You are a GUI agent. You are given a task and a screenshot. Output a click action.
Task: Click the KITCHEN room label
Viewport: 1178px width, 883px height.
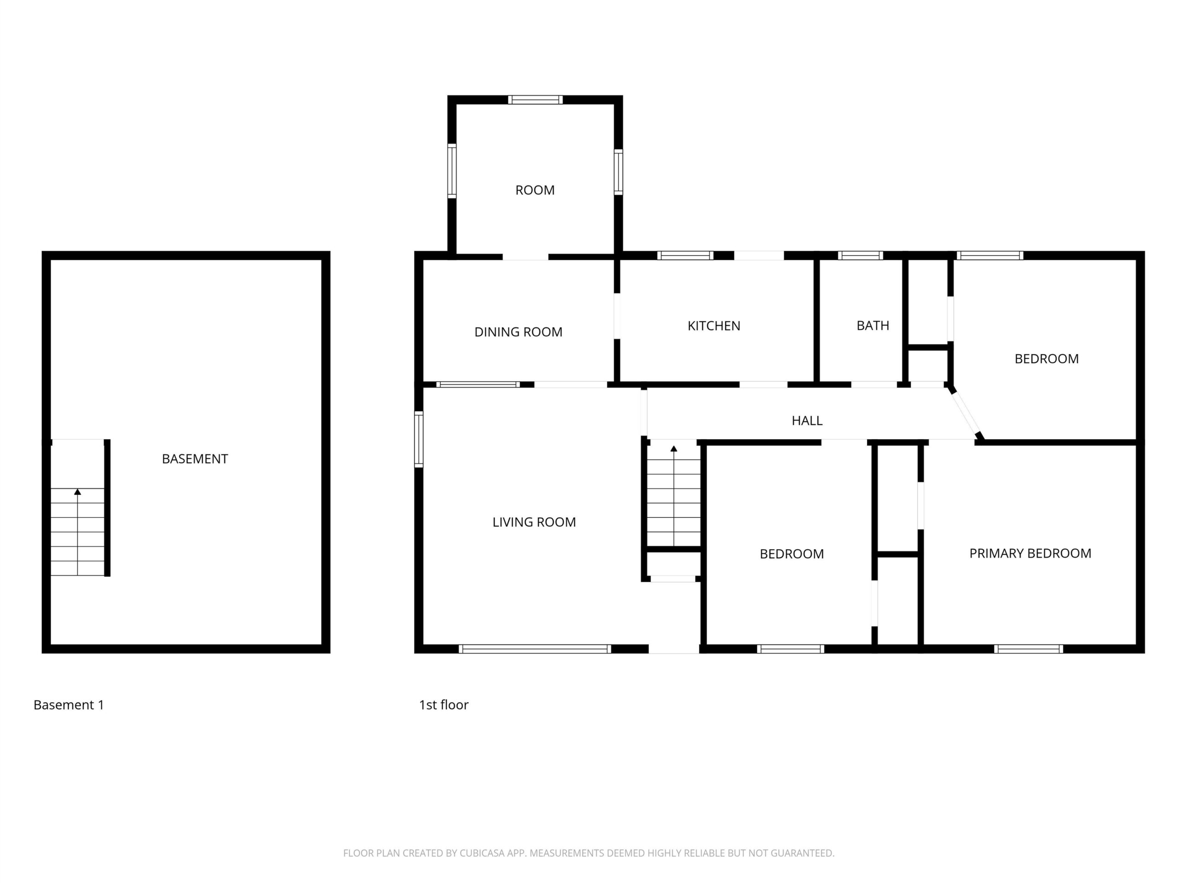714,326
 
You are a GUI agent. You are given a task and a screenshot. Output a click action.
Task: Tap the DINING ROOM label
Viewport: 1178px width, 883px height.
518,332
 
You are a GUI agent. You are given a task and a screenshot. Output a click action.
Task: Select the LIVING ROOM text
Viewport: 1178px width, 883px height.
534,522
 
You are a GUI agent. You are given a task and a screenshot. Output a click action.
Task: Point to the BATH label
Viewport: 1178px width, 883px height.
873,326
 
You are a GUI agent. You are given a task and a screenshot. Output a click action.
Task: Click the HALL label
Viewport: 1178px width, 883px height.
807,420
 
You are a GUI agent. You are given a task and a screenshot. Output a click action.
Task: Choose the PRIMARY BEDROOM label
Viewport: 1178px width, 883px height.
1030,554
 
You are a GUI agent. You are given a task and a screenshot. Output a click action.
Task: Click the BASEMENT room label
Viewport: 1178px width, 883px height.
195,459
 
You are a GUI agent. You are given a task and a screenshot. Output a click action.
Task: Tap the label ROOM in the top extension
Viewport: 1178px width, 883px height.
535,190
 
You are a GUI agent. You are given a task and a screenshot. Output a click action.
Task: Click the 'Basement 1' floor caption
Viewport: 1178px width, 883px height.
69,705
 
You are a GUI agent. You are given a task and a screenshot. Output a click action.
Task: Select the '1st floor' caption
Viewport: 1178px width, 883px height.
444,705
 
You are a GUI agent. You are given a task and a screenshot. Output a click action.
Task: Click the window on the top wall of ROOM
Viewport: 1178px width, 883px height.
535,99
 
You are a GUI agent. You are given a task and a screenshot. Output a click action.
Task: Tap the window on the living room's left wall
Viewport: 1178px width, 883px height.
419,439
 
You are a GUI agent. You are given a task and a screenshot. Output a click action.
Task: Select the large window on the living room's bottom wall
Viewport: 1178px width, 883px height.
535,649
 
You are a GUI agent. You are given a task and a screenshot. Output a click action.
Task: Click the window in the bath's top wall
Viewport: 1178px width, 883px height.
860,256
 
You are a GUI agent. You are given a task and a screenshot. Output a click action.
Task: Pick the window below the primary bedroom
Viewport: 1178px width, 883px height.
1028,649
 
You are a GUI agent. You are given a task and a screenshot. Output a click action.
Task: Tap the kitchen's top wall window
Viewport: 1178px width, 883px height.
685,256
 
